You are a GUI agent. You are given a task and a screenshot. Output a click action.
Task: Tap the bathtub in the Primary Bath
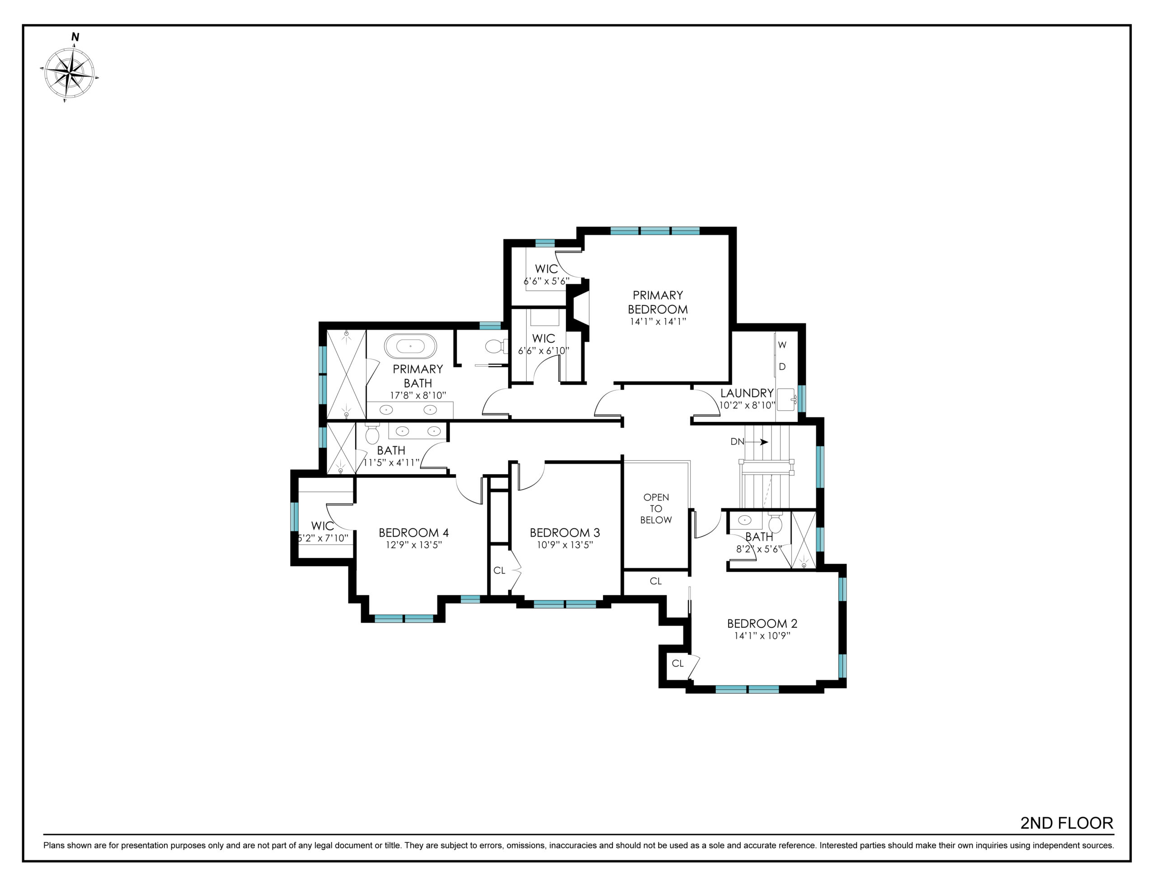pos(410,346)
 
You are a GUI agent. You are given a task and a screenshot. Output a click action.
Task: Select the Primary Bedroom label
pos(658,302)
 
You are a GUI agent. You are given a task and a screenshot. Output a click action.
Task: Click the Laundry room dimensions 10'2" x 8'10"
pos(747,406)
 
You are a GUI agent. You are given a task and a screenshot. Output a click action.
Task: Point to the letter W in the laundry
pos(782,345)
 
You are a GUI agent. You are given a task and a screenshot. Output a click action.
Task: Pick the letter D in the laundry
pos(782,366)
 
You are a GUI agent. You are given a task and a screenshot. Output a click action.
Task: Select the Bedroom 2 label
pos(762,624)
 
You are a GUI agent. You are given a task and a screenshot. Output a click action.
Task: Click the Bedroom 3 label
pos(565,532)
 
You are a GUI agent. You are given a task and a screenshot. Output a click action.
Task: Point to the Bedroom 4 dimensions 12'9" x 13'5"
pos(414,545)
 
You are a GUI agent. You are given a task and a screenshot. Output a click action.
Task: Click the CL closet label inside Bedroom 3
pos(499,570)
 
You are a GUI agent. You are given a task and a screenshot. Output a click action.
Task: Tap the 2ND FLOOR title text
pos(1067,823)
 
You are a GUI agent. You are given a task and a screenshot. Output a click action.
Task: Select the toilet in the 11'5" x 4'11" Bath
pos(372,434)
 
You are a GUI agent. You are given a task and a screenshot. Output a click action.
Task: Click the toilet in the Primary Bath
pos(496,347)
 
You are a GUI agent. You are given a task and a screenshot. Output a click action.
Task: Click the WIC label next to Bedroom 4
pos(322,526)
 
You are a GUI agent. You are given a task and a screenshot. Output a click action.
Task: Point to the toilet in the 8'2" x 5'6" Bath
pos(775,522)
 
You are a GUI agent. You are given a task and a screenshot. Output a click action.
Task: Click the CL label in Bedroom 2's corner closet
pos(677,663)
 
